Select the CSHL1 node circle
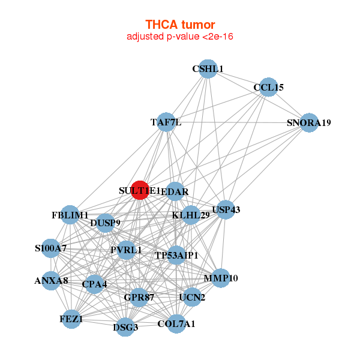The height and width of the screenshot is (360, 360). coord(207,68)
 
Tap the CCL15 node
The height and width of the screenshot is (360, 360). coord(268,87)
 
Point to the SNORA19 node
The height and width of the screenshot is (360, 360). coord(308,123)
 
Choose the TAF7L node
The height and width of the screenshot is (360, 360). coord(166,122)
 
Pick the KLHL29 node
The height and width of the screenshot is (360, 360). coord(191,215)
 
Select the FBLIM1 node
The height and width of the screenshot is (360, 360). coord(70,215)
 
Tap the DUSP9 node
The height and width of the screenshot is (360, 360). coord(105,223)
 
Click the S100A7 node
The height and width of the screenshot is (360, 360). coord(50,248)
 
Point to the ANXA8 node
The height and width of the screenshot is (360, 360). coord(51,280)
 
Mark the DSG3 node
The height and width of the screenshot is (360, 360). coord(125,327)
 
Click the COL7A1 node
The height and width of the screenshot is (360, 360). coord(176,324)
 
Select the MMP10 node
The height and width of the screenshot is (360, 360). coord(221,278)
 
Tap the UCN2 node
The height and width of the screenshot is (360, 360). coord(192,297)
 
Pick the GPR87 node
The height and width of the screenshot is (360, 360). coord(139,297)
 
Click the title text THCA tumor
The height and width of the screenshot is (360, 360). coord(180,25)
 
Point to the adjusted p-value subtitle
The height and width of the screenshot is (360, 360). coord(180,37)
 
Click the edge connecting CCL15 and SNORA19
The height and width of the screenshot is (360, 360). coord(288,105)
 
